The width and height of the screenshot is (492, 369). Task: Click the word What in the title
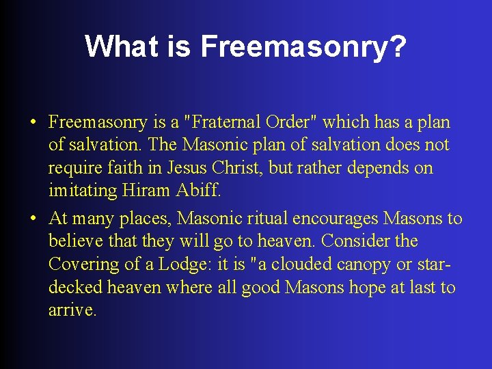click(117, 46)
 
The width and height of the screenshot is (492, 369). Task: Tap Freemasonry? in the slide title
click(303, 46)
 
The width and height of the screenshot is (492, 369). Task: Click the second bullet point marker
click(33, 219)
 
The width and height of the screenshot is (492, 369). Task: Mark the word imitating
click(83, 191)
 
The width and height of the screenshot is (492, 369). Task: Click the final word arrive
click(72, 310)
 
